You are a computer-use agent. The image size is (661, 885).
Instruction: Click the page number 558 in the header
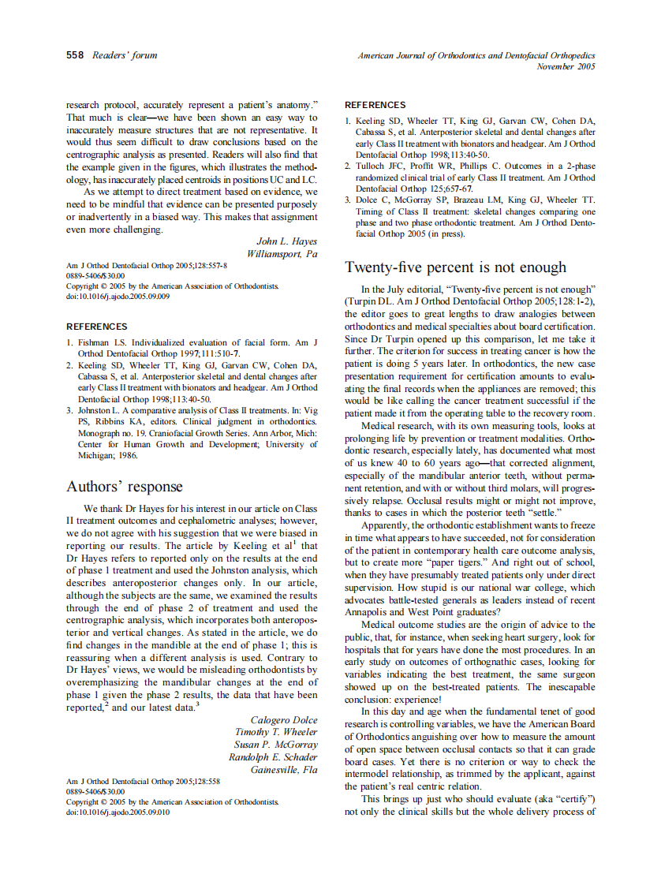(x=75, y=55)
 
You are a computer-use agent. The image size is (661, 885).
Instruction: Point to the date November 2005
(x=566, y=67)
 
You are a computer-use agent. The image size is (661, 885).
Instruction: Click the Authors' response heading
(x=124, y=487)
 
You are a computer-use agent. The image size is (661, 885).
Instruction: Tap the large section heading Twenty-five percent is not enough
(x=456, y=267)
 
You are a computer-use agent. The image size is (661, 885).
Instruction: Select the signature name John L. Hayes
(x=287, y=241)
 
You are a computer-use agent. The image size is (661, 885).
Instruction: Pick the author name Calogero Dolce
(x=284, y=720)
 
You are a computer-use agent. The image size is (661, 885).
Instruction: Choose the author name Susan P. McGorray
(x=278, y=745)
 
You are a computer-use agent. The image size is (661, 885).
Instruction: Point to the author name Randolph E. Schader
(x=273, y=757)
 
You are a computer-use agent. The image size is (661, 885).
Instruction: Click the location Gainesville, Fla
(x=284, y=770)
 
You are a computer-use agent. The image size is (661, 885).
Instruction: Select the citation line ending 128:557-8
(x=146, y=266)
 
